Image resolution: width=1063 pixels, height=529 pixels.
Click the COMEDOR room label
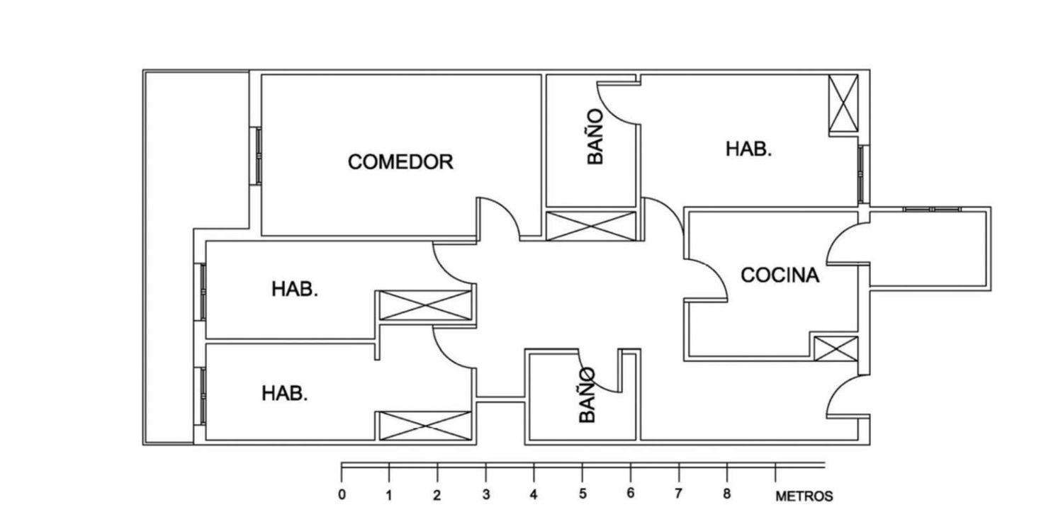coord(400,162)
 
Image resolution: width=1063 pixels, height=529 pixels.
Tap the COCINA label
coord(780,275)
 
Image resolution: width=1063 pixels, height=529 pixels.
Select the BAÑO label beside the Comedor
coord(595,137)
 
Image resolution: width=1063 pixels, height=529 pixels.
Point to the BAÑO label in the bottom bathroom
coord(587,395)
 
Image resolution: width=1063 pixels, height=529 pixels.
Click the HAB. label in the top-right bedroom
coord(749,149)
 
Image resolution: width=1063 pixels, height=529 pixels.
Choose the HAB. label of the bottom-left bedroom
coord(285,394)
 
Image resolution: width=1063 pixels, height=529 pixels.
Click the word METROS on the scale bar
coord(804,496)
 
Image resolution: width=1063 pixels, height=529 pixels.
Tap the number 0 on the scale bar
coord(342,495)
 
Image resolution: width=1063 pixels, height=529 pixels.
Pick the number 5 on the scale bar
coord(583,494)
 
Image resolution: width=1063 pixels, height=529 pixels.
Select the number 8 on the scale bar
coord(727,494)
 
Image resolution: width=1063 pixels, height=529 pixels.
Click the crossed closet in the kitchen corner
coord(836,348)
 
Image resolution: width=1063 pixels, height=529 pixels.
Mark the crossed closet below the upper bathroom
coord(591,226)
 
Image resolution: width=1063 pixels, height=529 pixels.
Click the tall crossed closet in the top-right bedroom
coord(843,103)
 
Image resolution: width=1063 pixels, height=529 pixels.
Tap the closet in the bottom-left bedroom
coord(425,426)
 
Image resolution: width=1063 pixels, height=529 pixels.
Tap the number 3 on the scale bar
coord(486,495)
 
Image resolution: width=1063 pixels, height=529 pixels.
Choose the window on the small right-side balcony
coord(932,209)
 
